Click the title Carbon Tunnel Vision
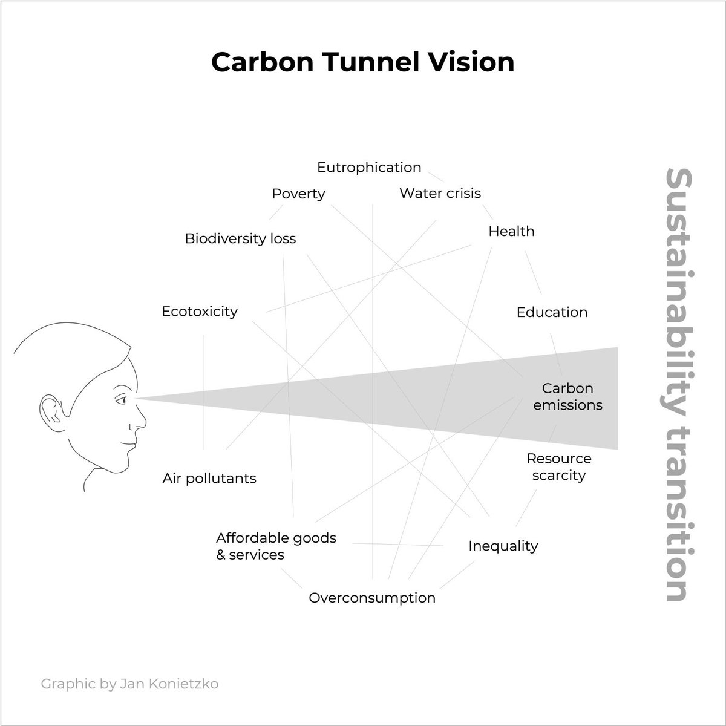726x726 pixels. [362, 62]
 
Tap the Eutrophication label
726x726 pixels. [369, 167]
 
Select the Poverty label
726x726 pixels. [298, 194]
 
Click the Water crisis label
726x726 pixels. [440, 193]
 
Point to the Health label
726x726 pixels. [511, 231]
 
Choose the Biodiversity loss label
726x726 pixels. [240, 238]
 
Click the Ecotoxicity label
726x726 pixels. [200, 312]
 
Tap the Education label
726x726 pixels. [552, 312]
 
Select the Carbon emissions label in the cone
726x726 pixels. [567, 396]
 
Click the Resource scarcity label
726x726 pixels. [559, 466]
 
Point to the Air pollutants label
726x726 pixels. [209, 479]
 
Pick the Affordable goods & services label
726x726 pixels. [276, 546]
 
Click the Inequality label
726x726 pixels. [503, 546]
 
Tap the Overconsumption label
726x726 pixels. [372, 598]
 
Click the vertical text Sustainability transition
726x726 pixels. [676, 385]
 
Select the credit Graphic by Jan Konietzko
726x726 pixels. [129, 684]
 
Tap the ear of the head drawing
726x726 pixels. [49, 411]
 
